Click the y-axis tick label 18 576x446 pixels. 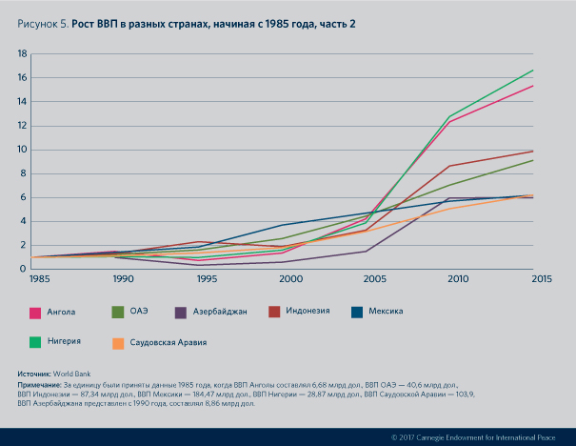(21, 53)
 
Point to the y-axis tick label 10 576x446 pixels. (21, 150)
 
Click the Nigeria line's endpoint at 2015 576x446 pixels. (533, 70)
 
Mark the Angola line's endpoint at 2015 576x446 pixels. (533, 86)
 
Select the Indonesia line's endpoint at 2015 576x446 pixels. (533, 151)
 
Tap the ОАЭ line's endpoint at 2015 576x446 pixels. (533, 160)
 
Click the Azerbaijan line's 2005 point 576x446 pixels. (367, 251)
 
